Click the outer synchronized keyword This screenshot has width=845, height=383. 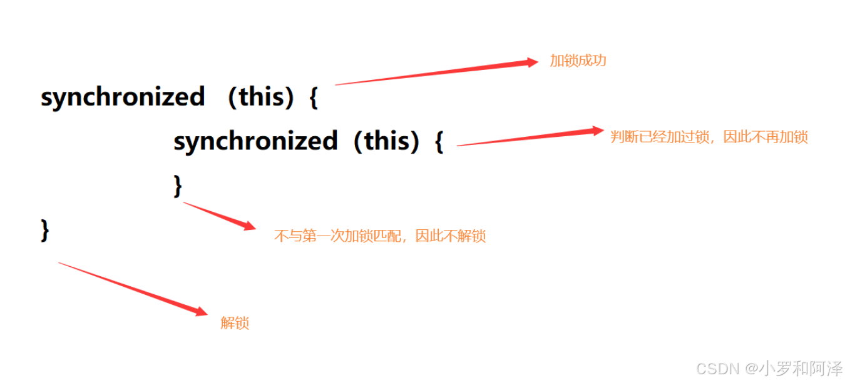click(x=123, y=97)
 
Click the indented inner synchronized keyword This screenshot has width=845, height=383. click(x=255, y=141)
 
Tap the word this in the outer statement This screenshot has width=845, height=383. click(x=257, y=97)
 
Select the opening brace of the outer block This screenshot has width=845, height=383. click(x=314, y=99)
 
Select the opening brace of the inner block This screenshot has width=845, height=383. click(x=439, y=142)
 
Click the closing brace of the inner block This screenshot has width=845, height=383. click(x=178, y=186)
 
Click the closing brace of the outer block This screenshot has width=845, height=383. click(x=44, y=230)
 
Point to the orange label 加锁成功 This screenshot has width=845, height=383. click(x=578, y=61)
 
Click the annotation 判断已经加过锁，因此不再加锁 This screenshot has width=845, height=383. click(x=709, y=137)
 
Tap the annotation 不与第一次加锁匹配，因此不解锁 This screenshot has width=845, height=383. click(x=380, y=236)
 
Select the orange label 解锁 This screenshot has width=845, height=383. click(x=235, y=323)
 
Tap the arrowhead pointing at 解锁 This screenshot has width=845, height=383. click(x=200, y=311)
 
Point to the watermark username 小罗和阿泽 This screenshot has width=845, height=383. click(x=801, y=369)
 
